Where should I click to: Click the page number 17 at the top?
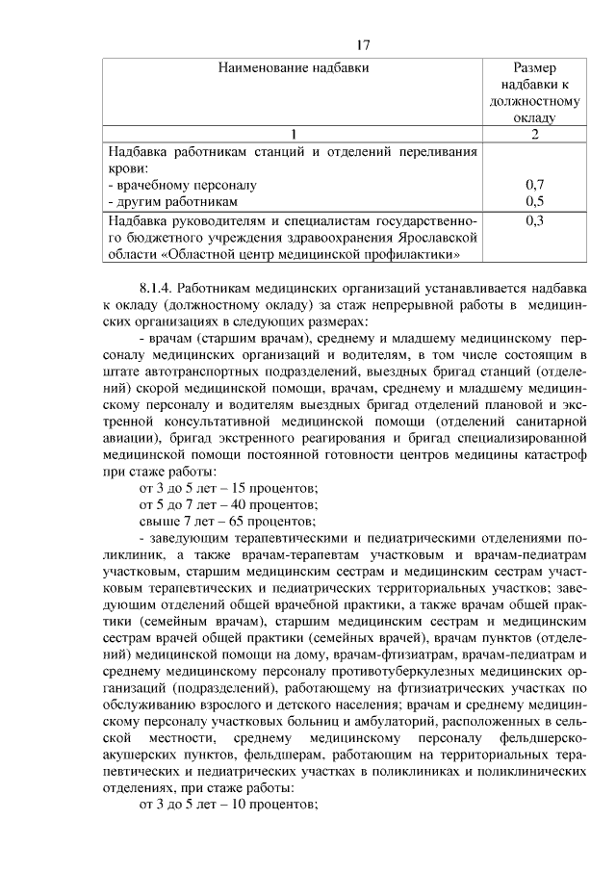[362, 44]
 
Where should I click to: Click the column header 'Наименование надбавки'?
[294, 67]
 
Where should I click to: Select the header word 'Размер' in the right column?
[536, 67]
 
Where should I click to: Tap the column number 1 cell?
[294, 134]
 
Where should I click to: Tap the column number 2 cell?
[535, 134]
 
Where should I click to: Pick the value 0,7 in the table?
[535, 185]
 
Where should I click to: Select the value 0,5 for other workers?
[535, 201]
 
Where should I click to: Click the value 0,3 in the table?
[535, 220]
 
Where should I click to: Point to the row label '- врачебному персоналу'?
[182, 185]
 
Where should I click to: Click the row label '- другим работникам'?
[172, 201]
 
